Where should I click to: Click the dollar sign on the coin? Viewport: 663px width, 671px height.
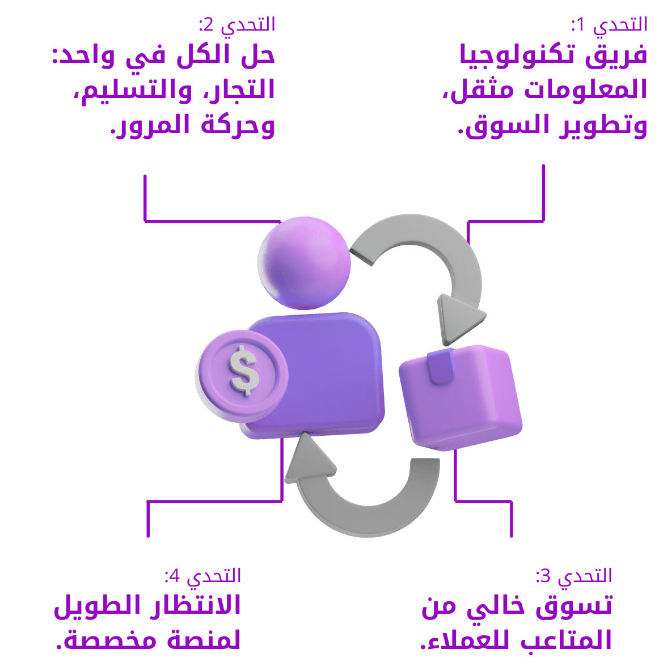pyautogui.click(x=244, y=371)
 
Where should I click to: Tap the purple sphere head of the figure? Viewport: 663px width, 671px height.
pyautogui.click(x=304, y=263)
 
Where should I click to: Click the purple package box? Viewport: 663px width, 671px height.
pyautogui.click(x=461, y=397)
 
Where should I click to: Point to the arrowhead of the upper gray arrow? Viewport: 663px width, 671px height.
pyautogui.click(x=458, y=319)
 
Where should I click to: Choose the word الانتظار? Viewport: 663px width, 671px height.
pyautogui.click(x=195, y=605)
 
